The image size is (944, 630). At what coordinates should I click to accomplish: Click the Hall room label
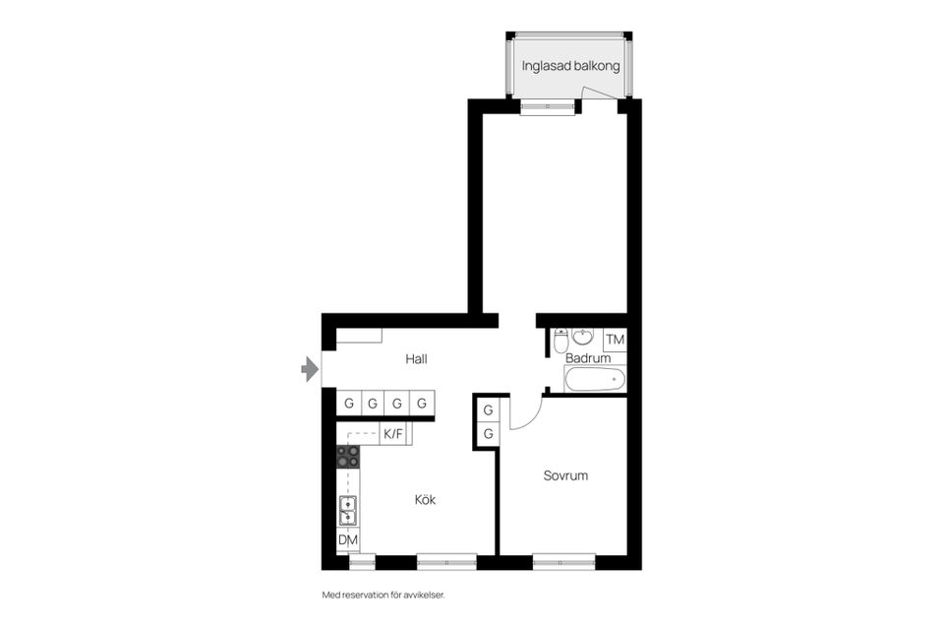(416, 359)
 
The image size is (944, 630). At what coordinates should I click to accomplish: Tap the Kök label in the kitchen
(424, 500)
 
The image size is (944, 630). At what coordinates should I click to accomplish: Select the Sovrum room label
(565, 475)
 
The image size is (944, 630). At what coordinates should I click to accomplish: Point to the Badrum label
(588, 358)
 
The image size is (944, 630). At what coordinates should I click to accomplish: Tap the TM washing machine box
(616, 340)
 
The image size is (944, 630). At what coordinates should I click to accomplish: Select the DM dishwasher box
(348, 540)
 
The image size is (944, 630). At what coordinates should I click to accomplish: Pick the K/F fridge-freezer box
(393, 433)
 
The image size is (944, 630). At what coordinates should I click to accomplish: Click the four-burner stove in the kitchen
(348, 457)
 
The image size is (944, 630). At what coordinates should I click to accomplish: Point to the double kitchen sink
(348, 510)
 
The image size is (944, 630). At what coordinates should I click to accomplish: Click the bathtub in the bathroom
(595, 379)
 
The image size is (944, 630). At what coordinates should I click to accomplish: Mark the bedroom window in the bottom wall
(563, 562)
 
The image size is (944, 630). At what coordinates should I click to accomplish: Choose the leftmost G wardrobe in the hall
(348, 404)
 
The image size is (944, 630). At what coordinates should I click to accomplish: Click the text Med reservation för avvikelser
(389, 595)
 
